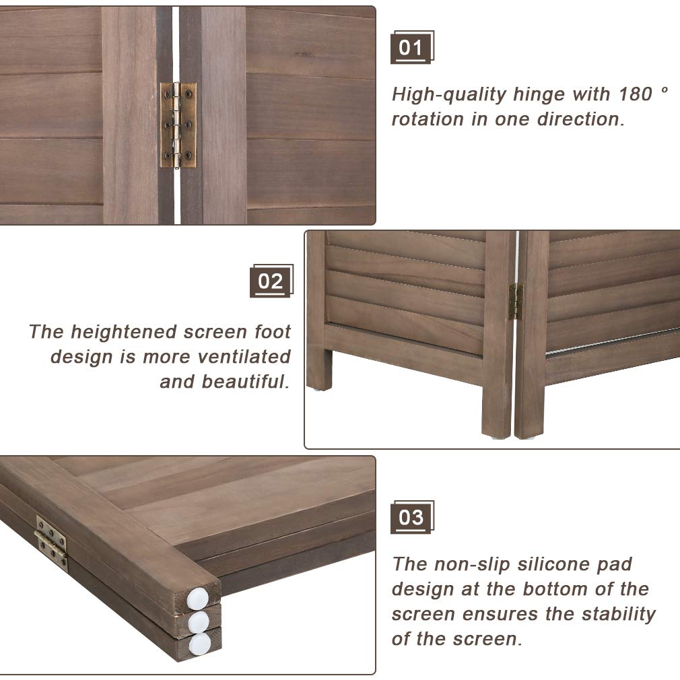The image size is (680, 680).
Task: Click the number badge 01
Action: [x=411, y=48]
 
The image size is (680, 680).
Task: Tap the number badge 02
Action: [x=271, y=281]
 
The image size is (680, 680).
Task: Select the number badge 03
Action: [x=411, y=518]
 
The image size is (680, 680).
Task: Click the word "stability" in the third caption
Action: [x=616, y=614]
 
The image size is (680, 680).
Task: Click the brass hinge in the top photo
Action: [x=178, y=125]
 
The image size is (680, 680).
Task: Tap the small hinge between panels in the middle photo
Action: [x=516, y=302]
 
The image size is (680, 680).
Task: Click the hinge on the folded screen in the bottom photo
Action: [x=51, y=542]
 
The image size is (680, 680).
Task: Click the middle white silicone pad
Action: [x=199, y=620]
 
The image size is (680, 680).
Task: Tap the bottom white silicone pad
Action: [x=199, y=644]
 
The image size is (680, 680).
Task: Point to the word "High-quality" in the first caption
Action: [x=449, y=94]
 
